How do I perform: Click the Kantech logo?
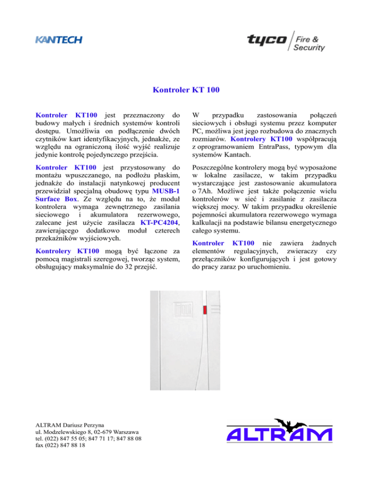point(58,40)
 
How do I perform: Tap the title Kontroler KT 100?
point(186,90)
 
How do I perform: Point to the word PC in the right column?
point(198,132)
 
